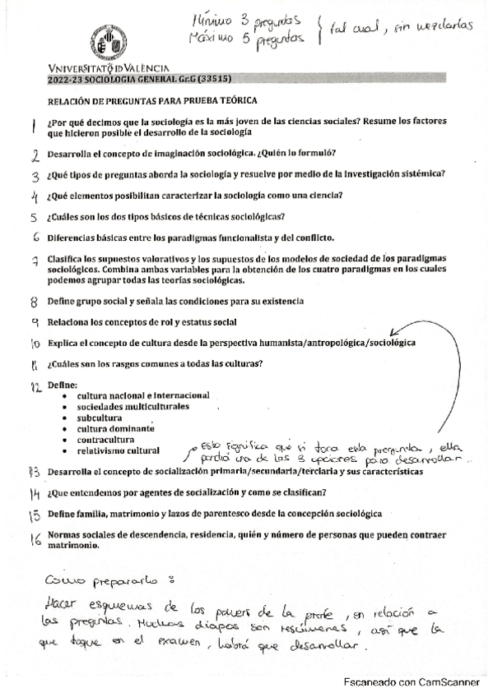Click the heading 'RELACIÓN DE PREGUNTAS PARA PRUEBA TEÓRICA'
(152, 100)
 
